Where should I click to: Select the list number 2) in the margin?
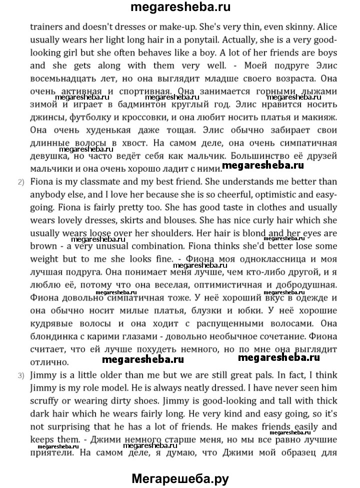[x=21, y=182]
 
